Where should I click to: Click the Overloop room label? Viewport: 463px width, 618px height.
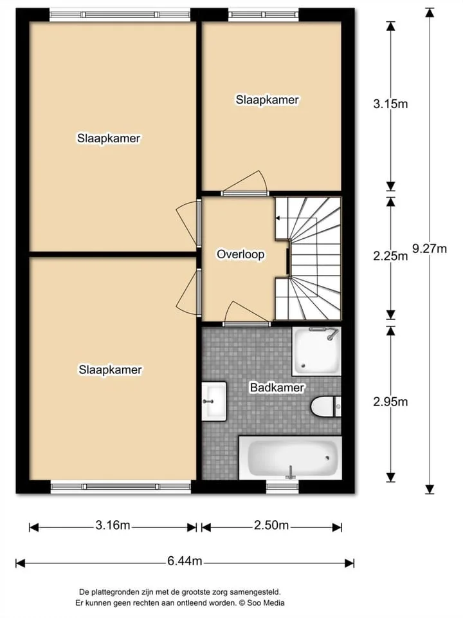point(241,254)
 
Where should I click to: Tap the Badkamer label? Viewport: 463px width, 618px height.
point(277,388)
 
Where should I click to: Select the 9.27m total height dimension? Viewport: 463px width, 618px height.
point(430,248)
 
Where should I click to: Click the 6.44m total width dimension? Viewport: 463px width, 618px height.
point(185,561)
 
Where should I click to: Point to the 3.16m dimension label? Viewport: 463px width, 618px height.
point(113,525)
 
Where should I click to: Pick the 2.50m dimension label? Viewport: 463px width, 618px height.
point(271,525)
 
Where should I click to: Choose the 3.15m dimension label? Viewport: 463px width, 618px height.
point(390,104)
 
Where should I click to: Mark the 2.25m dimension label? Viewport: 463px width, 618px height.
point(390,256)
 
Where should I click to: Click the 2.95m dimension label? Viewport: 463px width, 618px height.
point(390,402)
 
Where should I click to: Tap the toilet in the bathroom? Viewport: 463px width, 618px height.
point(326,406)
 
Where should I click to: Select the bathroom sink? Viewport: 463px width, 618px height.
point(214,401)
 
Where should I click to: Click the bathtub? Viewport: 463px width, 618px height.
point(290,458)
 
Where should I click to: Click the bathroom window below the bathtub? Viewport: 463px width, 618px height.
point(282,487)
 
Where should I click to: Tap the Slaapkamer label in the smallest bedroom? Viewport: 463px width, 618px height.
point(268,100)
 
